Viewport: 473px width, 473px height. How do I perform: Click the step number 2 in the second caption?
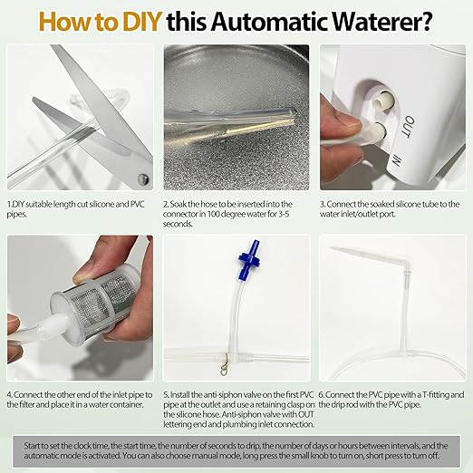[x=166, y=206]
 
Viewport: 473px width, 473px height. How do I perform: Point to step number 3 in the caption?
[x=323, y=206]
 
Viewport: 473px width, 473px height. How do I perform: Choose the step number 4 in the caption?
[x=10, y=396]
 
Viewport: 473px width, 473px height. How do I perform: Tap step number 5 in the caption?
[x=166, y=396]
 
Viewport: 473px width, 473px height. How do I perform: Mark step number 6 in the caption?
[x=323, y=396]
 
